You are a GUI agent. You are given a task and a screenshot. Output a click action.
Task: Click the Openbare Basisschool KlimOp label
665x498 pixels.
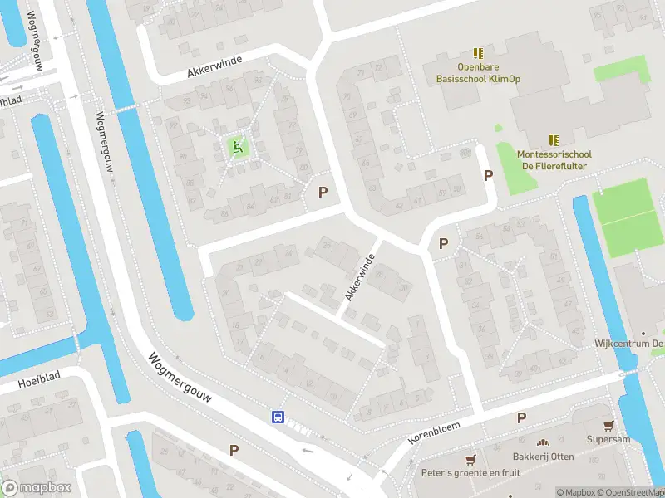[476, 73]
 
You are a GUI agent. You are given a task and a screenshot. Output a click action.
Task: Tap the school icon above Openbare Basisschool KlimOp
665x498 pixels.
[477, 53]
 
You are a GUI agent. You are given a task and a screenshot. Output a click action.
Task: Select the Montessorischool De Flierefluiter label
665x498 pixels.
[554, 159]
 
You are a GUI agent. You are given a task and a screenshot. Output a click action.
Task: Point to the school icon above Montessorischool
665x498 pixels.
[554, 140]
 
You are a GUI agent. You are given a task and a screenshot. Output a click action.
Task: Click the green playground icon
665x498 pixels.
[238, 149]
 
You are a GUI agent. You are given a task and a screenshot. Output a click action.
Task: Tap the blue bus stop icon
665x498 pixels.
[278, 417]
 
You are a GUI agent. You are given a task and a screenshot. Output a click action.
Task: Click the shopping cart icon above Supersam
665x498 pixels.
[610, 425]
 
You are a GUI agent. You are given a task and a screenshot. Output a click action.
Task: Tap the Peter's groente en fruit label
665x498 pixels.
[471, 473]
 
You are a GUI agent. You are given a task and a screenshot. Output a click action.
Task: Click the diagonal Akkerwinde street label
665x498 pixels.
[359, 278]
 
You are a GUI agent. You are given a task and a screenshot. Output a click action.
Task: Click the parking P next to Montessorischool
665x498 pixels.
[489, 175]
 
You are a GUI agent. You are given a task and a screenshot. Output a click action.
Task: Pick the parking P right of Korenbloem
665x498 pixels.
[521, 417]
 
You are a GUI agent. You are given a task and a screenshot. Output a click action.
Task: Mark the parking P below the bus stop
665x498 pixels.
[234, 451]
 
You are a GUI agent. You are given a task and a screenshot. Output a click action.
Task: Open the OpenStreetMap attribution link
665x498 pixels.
[628, 492]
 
